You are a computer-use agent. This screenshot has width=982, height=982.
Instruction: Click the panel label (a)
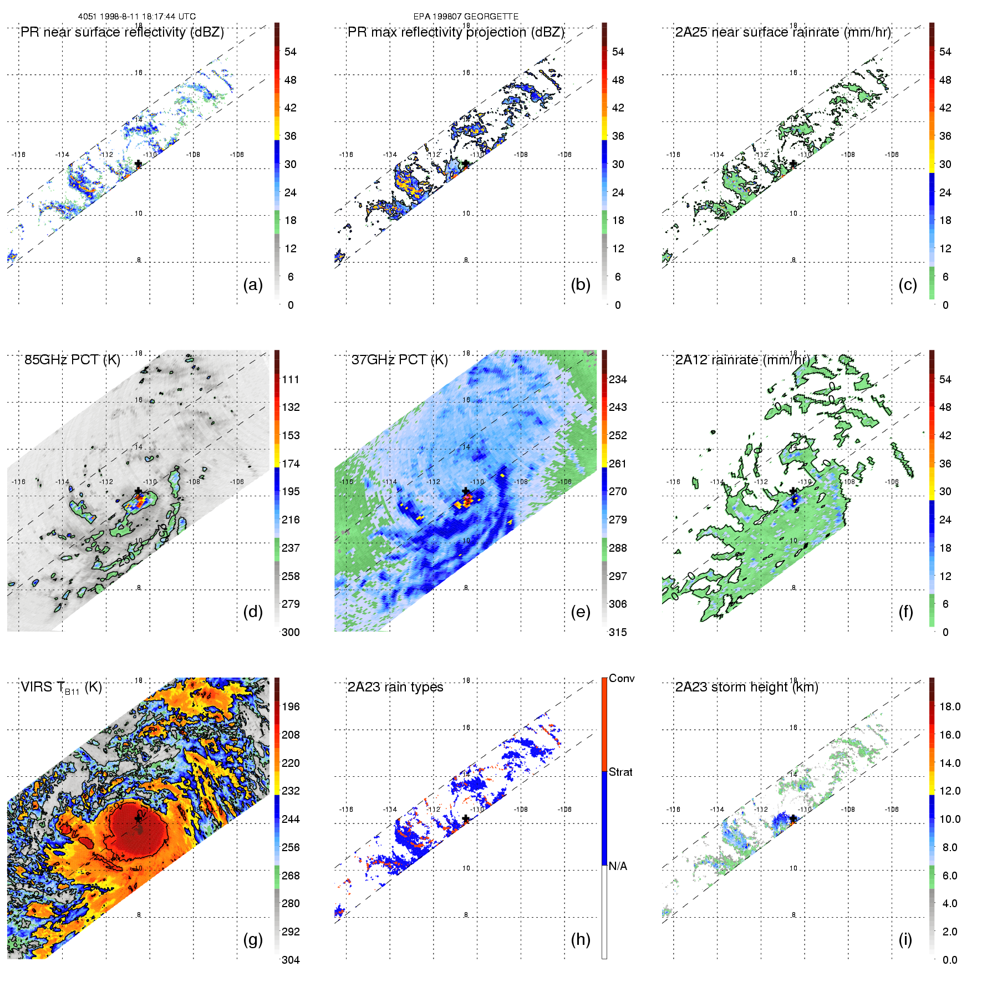pyautogui.click(x=253, y=284)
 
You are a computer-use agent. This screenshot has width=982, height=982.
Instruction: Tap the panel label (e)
pyautogui.click(x=581, y=612)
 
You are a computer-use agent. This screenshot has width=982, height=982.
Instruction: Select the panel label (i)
pyautogui.click(x=905, y=939)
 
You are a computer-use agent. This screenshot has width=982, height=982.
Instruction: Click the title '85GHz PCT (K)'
pyautogui.click(x=72, y=359)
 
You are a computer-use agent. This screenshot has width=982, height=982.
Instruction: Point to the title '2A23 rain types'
pyautogui.click(x=395, y=687)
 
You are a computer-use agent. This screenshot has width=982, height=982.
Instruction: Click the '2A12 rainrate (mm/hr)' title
pyautogui.click(x=742, y=359)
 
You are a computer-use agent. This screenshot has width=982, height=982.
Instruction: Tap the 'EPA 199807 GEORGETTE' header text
pyautogui.click(x=466, y=16)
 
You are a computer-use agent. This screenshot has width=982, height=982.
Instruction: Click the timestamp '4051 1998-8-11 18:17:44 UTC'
pyautogui.click(x=137, y=16)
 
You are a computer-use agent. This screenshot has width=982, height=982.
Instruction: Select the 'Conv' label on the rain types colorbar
pyautogui.click(x=622, y=678)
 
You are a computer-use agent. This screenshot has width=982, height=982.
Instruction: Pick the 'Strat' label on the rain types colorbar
pyautogui.click(x=620, y=772)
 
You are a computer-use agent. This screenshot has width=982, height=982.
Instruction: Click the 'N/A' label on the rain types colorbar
pyautogui.click(x=618, y=866)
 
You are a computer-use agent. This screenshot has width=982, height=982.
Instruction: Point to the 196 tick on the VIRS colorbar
pyautogui.click(x=291, y=706)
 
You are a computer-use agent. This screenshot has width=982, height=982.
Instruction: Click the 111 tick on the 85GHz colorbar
pyautogui.click(x=291, y=379)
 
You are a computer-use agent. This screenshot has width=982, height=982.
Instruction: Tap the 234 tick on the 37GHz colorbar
pyautogui.click(x=618, y=379)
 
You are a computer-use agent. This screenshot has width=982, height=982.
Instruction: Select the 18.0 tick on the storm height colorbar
pyautogui.click(x=950, y=706)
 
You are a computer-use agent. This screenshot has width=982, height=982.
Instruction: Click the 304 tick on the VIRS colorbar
pyautogui.click(x=291, y=960)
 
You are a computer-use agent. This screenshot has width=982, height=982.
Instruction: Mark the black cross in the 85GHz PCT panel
pyautogui.click(x=139, y=491)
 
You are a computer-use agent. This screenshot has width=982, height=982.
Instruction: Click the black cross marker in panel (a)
pyautogui.click(x=139, y=164)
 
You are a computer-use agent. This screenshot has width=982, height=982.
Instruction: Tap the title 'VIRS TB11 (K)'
pyautogui.click(x=61, y=688)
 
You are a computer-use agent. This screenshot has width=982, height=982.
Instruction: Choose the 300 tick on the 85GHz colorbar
pyautogui.click(x=291, y=632)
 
